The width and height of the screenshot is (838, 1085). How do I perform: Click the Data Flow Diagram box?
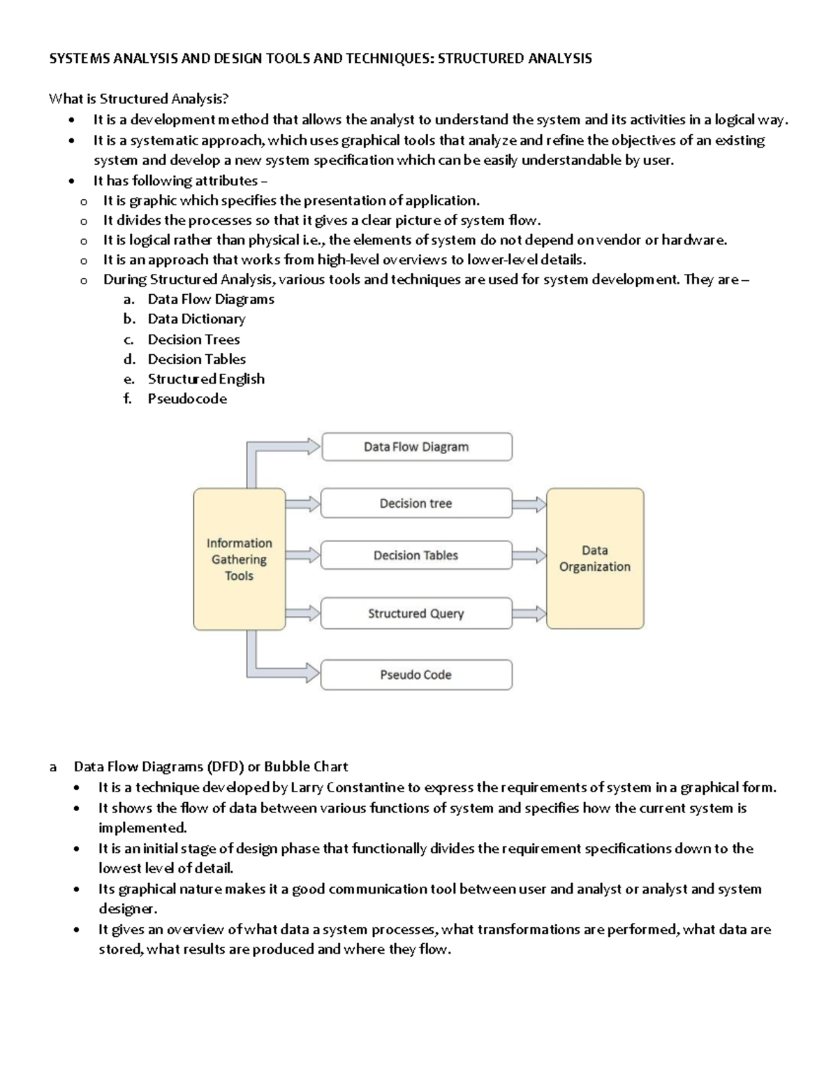(x=416, y=447)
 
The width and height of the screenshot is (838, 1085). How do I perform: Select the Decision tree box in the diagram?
(x=416, y=504)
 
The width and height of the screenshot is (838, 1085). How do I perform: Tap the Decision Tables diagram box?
(x=416, y=555)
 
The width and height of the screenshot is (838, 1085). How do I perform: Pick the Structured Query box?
(x=416, y=613)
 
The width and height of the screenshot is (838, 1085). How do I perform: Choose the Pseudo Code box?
(x=416, y=675)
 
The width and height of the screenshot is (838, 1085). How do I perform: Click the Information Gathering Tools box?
(x=240, y=559)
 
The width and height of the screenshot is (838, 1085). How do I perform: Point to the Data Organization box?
(x=595, y=559)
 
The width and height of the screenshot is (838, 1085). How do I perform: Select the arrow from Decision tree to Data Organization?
(x=530, y=504)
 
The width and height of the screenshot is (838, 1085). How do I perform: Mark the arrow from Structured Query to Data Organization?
(x=530, y=613)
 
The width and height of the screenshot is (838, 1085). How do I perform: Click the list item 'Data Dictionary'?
(x=196, y=319)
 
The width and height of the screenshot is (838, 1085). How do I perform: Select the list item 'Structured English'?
(x=206, y=379)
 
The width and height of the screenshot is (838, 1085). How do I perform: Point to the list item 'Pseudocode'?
(x=187, y=399)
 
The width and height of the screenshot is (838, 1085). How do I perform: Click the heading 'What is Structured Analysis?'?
(x=139, y=99)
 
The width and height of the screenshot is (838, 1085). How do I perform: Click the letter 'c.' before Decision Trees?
(x=128, y=340)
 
